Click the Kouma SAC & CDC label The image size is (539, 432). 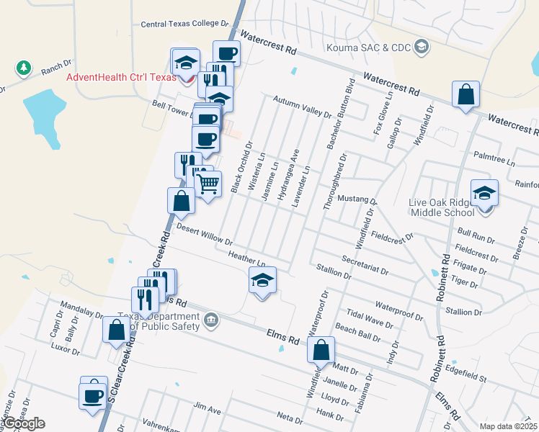click(x=367, y=48)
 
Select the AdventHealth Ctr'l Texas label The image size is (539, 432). click(x=120, y=78)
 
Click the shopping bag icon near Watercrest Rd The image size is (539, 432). click(x=465, y=94)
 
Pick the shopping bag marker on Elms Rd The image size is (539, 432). click(x=321, y=350)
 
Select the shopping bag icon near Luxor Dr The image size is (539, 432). click(x=117, y=331)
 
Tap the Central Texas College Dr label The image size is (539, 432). click(x=184, y=24)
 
